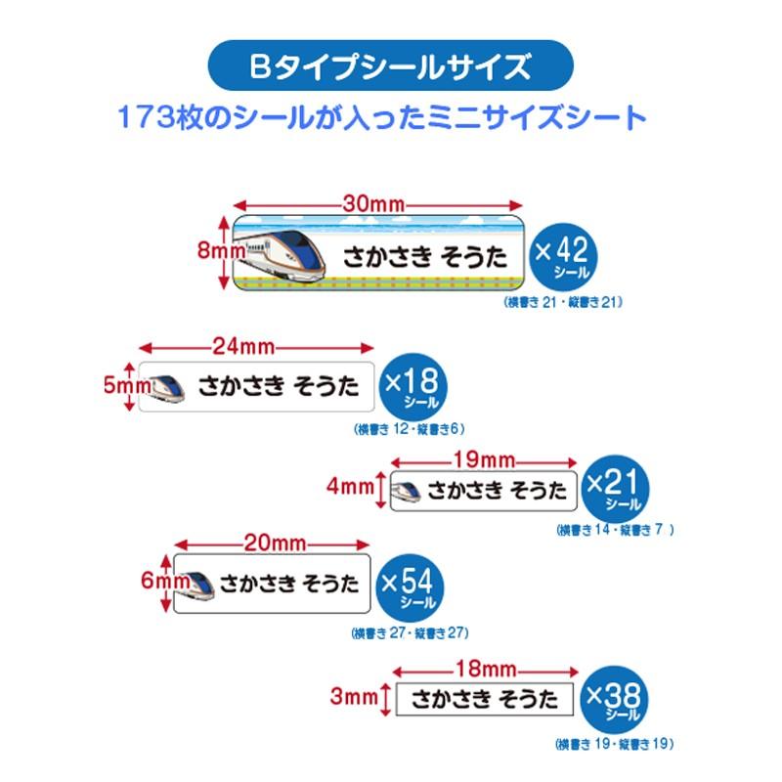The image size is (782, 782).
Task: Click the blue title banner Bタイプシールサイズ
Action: [391, 67]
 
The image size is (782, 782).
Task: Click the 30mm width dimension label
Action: [377, 204]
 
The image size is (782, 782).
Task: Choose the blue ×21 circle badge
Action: [614, 488]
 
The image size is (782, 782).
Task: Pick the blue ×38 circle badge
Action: [614, 699]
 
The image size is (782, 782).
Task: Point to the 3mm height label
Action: [353, 697]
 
